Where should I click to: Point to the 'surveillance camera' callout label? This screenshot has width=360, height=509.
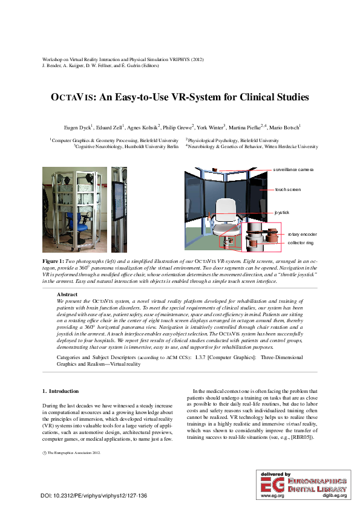(x=293, y=170)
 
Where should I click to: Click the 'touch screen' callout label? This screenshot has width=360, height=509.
(x=288, y=190)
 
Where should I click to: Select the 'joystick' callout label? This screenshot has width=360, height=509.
(x=282, y=213)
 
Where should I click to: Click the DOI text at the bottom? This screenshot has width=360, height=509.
(x=94, y=496)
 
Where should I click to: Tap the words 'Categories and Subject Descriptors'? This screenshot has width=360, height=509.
(x=88, y=358)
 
